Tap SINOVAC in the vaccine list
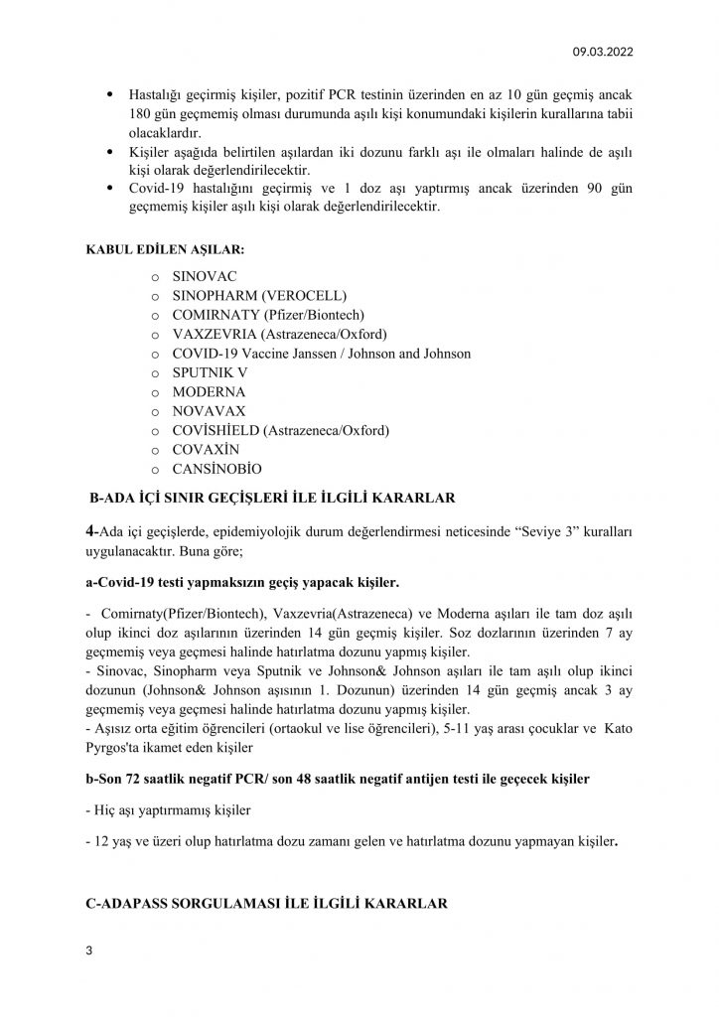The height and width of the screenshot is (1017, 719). pyautogui.click(x=205, y=277)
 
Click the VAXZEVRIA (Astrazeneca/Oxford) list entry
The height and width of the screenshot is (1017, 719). pyautogui.click(x=279, y=334)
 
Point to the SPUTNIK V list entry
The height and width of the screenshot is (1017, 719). pyautogui.click(x=210, y=371)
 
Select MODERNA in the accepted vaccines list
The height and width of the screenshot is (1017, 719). pyautogui.click(x=209, y=391)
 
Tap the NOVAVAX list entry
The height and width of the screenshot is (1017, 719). pyautogui.click(x=209, y=410)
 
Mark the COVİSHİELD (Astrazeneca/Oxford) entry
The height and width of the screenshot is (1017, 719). pyautogui.click(x=281, y=430)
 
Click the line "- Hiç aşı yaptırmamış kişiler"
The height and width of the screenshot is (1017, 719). pyautogui.click(x=157, y=809)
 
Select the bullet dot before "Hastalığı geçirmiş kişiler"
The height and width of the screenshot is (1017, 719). pyautogui.click(x=108, y=94)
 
